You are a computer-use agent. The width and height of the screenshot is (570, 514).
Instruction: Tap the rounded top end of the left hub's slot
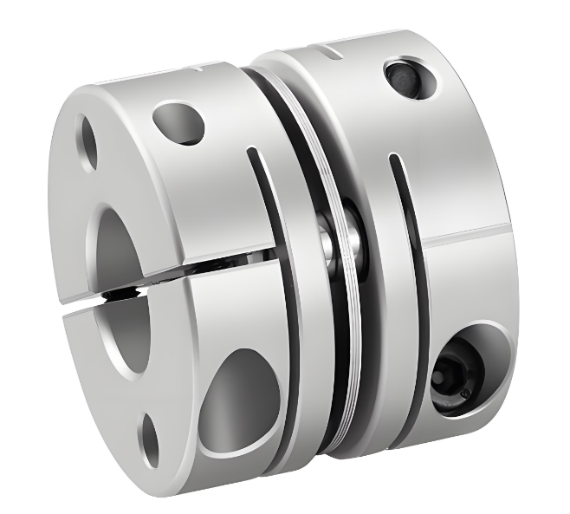click(x=252, y=155)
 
